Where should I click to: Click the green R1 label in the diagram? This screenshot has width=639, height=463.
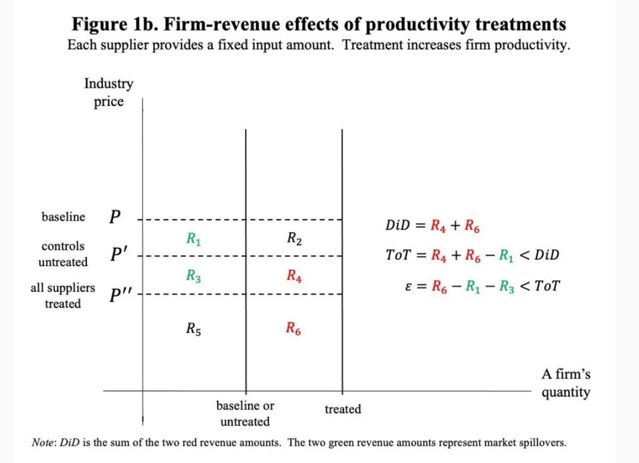tap(193, 239)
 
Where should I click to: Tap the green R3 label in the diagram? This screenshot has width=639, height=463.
tap(193, 276)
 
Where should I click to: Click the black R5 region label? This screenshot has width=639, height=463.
tap(193, 328)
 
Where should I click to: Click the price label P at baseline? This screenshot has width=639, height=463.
tap(114, 217)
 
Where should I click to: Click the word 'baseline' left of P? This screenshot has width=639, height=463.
tap(63, 217)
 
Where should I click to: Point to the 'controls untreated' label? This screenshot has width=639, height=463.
tap(63, 254)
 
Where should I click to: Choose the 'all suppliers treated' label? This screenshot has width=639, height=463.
tap(63, 296)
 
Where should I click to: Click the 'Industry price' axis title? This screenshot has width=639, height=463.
tap(109, 93)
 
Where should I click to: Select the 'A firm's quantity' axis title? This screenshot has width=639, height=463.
tap(566, 383)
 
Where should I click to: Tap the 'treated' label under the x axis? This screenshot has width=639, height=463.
tap(342, 409)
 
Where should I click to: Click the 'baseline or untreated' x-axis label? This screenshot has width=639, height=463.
tap(245, 413)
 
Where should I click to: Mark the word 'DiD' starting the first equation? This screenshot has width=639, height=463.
tap(397, 225)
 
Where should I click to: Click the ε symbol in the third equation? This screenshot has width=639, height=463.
tap(408, 286)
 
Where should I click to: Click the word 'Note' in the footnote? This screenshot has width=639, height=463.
tap(43, 443)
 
